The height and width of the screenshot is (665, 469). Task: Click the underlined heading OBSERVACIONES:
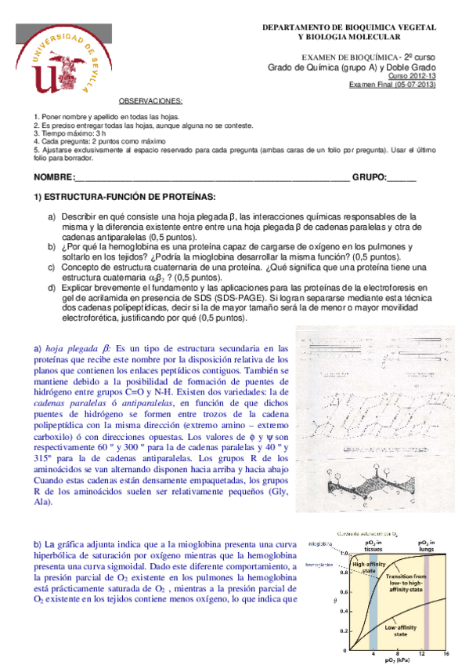(150, 101)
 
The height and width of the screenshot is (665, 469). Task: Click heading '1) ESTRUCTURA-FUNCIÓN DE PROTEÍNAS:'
(124, 197)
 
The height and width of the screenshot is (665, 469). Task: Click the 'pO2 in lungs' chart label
(428, 546)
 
